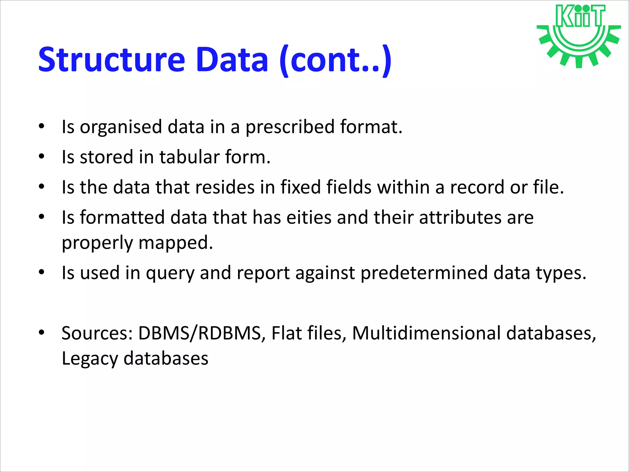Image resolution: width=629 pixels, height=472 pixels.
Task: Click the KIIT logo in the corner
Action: [x=579, y=35]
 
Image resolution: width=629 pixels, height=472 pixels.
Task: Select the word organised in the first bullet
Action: [x=121, y=127]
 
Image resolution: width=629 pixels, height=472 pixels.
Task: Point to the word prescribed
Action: [x=290, y=127]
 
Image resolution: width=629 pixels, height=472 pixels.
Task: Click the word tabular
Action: [x=189, y=157]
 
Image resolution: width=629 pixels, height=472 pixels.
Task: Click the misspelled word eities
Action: [x=309, y=217]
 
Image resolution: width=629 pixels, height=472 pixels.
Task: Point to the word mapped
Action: [x=175, y=242]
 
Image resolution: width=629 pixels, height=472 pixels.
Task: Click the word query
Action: [x=170, y=273]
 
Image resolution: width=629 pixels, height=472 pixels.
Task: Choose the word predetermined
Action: [x=424, y=273]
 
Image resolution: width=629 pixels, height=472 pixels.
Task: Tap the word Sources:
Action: [x=97, y=333]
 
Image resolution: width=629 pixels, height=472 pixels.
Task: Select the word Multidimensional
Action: [x=426, y=333]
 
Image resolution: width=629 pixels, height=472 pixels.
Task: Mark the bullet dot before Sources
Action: [x=42, y=332]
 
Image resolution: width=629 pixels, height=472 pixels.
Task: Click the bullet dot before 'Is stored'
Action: [x=42, y=156]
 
